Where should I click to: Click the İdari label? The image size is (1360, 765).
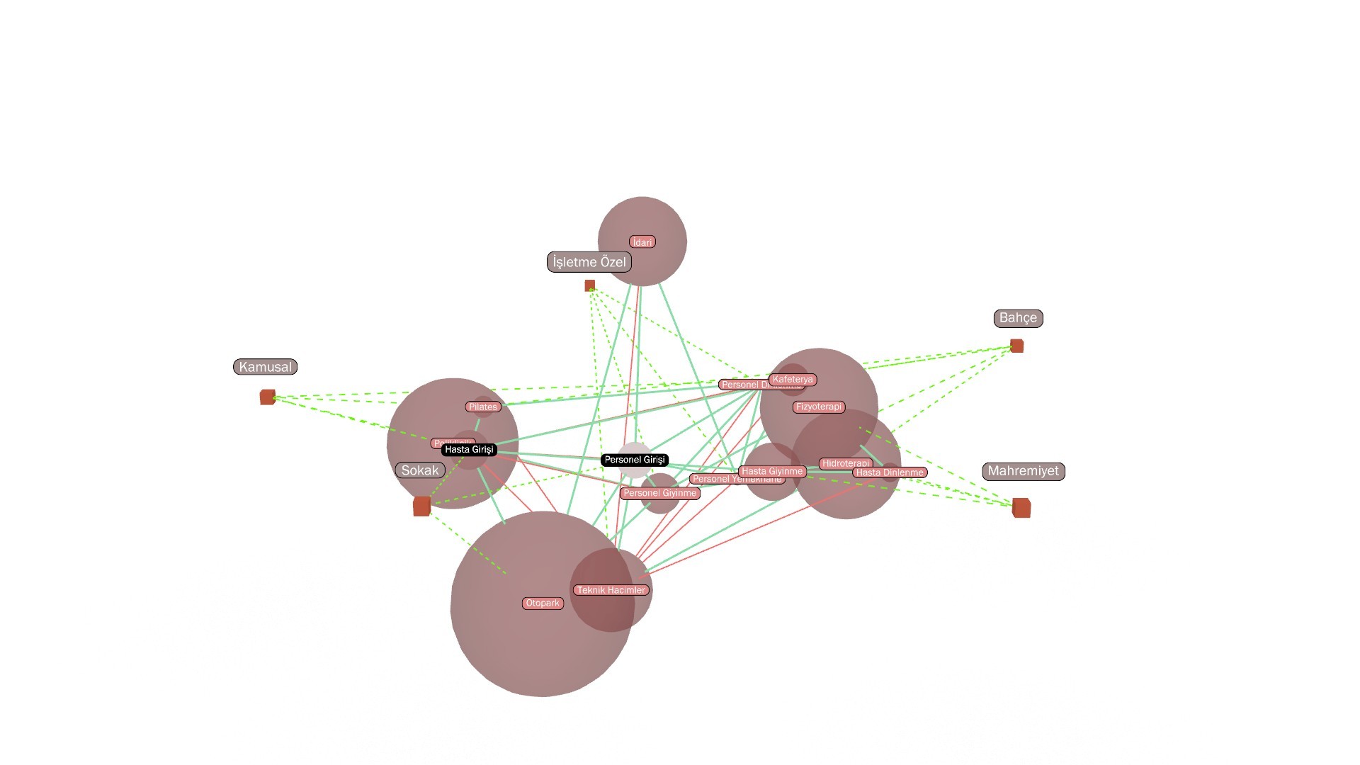point(642,242)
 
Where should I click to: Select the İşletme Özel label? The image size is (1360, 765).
point(589,262)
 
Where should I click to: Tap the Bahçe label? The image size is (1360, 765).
point(1018,318)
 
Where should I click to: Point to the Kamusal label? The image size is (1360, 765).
point(265,367)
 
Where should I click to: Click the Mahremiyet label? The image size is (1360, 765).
point(1023,471)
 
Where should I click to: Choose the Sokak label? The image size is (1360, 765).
point(420,470)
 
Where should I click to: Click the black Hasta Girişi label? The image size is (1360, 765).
point(469,450)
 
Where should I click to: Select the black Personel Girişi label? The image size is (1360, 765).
point(635,460)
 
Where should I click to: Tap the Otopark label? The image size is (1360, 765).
point(543,603)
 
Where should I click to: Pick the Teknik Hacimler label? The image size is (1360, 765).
point(611,590)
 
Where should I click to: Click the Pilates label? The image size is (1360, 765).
point(483,407)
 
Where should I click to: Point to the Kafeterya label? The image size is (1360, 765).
point(793,380)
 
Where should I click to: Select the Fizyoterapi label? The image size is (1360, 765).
point(819,407)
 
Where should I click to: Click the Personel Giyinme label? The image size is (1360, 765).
point(660,493)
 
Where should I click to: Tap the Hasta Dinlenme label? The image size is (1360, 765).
point(890,472)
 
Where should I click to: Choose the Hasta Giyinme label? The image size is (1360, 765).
point(772,471)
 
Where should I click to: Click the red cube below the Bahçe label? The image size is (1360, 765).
point(1016,346)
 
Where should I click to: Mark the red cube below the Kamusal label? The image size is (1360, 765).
point(267,397)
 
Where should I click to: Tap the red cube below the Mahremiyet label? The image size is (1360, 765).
point(1021,507)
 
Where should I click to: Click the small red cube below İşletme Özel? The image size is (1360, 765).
point(589,285)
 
